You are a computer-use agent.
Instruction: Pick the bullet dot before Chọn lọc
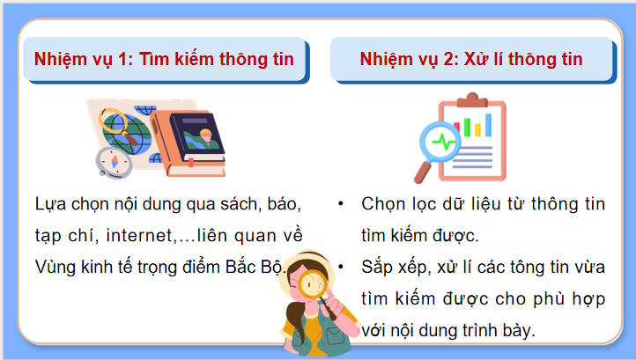pyautogui.click(x=340, y=204)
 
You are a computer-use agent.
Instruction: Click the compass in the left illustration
pyautogui.click(x=114, y=162)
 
